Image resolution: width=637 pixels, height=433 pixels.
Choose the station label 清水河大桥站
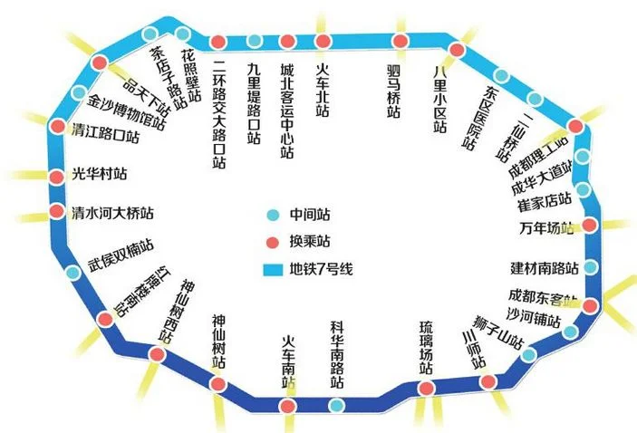[x=112, y=215]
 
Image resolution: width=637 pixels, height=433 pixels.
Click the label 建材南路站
[x=543, y=268]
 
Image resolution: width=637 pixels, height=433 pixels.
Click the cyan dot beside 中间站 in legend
[x=273, y=216]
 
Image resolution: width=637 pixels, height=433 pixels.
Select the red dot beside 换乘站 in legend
[x=273, y=243]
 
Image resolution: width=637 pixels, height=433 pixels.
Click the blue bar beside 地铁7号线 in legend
[x=272, y=269]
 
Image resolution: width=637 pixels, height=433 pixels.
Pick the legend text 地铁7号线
[x=321, y=269]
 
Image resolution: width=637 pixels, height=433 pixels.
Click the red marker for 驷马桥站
[x=400, y=41]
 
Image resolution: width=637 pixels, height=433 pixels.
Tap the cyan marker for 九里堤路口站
[x=255, y=41]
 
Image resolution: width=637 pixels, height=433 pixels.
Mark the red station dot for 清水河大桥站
[x=56, y=214]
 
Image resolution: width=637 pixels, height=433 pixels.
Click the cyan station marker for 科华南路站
[x=336, y=406]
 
